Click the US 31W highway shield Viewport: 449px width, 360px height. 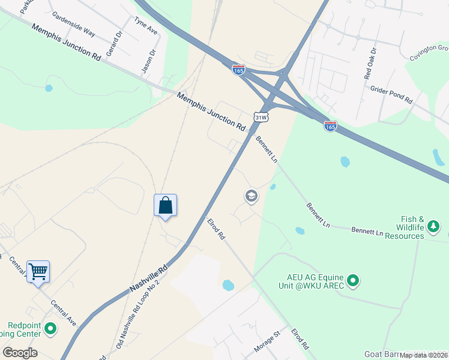pos(261,117)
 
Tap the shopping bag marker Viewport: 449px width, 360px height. pos(165,206)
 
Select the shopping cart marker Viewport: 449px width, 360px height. pos(38,271)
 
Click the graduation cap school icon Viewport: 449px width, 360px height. pos(251,196)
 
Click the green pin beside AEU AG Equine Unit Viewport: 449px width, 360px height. pos(353,280)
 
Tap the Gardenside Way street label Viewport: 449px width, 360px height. pos(73,23)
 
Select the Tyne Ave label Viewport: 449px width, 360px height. pos(145,25)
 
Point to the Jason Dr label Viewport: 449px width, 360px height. pos(148,61)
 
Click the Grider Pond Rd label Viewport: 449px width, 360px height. pos(391,93)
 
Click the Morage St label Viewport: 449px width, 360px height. pos(269,342)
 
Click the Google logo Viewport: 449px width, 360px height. pos(20,352)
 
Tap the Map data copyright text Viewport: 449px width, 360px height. pos(424,355)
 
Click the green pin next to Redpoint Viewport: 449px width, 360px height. pos(50,329)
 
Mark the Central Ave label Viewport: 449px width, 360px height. pos(64,313)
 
